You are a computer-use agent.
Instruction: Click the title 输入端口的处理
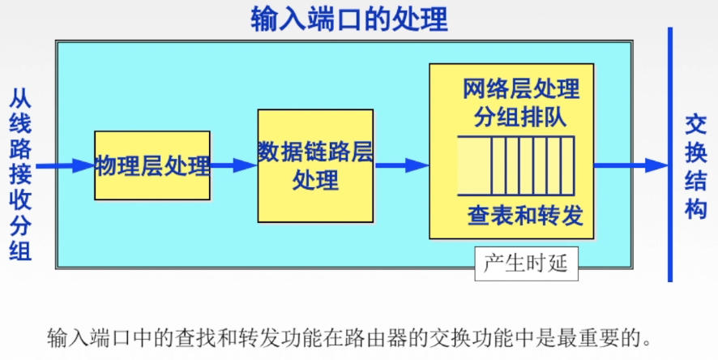(x=349, y=19)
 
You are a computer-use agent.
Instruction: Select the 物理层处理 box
(x=152, y=165)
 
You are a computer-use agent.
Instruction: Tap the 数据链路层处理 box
(x=315, y=165)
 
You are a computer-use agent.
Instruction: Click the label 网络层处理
(x=521, y=89)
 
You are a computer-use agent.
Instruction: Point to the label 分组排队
(x=519, y=117)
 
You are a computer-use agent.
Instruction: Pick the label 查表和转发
(x=525, y=215)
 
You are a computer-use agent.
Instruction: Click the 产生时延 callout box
(x=526, y=264)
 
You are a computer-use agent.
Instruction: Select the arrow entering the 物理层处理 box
(x=65, y=165)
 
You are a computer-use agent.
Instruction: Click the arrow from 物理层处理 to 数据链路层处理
(x=234, y=165)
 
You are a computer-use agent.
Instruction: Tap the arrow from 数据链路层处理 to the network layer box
(x=402, y=165)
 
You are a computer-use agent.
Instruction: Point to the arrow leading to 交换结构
(x=631, y=165)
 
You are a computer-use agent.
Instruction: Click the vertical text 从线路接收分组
(x=20, y=174)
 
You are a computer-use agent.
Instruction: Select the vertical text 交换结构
(x=696, y=167)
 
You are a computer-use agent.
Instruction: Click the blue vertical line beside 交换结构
(x=670, y=154)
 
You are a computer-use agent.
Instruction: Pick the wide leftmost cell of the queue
(x=474, y=165)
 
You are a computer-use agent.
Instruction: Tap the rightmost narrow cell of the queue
(x=567, y=165)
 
